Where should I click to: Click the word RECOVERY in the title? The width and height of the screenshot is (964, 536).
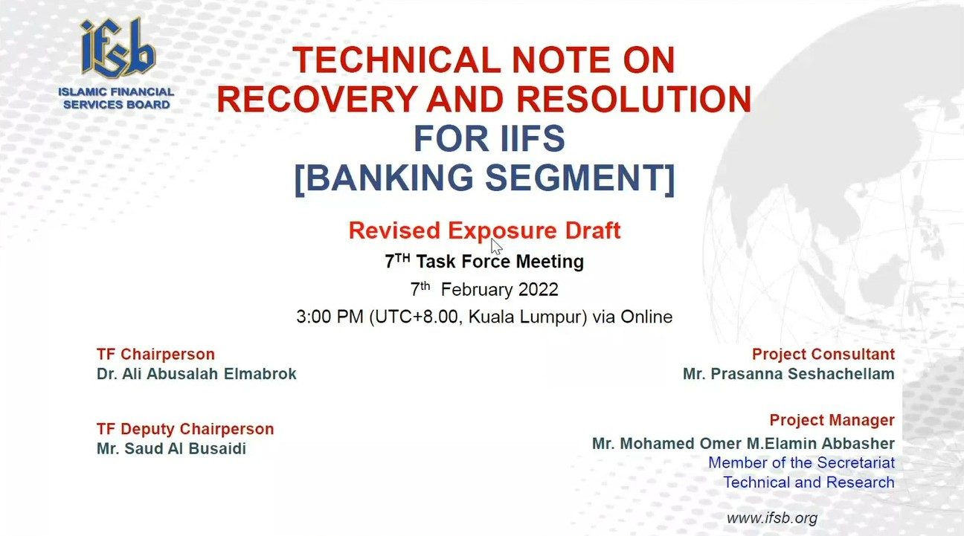pos(317,99)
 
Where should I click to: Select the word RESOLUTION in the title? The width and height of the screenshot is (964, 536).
pos(634,99)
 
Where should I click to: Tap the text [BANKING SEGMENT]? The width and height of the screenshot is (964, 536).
pos(484,178)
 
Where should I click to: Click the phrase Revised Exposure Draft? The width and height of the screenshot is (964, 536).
pos(484,230)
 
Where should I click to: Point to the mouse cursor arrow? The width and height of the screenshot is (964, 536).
pos(496,247)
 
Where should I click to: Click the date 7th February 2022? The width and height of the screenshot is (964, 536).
pos(484,289)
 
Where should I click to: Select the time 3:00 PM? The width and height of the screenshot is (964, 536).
pos(330,317)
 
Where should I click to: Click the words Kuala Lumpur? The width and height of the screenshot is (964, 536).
pos(527,317)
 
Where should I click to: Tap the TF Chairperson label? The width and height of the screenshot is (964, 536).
pos(155,354)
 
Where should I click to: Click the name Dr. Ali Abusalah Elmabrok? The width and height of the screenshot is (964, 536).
pos(196,374)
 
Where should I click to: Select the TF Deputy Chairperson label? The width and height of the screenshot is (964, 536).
pos(185,429)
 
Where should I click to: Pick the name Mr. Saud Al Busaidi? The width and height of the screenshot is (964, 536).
pos(171,449)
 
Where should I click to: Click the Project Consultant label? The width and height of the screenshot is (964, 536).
pos(823,354)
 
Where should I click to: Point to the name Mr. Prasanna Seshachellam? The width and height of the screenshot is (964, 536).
pos(789,374)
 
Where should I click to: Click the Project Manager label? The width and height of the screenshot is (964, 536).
pos(832,420)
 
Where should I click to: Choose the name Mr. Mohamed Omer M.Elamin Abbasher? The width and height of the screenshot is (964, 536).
pos(744,444)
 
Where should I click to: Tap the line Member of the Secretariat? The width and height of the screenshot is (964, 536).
pos(802,462)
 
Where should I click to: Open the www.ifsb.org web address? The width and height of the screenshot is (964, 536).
pos(772,518)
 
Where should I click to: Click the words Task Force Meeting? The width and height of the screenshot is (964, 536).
pos(500,262)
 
